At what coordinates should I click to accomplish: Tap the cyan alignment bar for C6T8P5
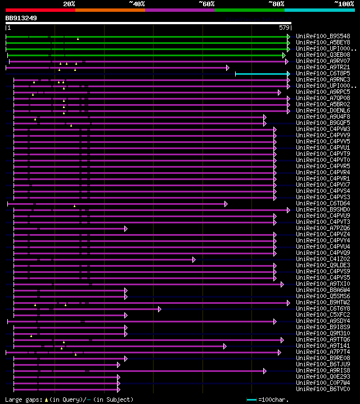[261, 74]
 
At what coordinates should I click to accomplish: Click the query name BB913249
[21, 18]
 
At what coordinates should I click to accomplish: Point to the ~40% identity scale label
[137, 4]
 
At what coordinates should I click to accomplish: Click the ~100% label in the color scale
[344, 4]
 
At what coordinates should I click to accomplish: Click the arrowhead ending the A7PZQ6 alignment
[126, 228]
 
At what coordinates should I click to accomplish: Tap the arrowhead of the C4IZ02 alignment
[193, 259]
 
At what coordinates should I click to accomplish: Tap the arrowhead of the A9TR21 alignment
[227, 68]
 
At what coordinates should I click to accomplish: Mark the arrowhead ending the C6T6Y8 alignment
[160, 309]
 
